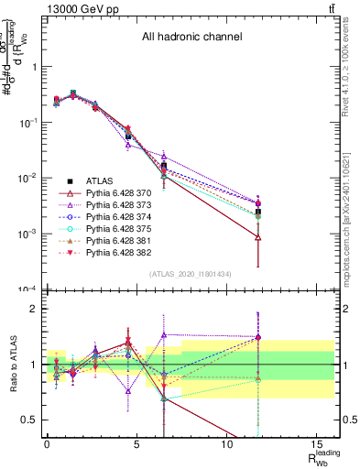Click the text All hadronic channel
point(191,38)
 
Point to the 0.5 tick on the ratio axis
point(30,420)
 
